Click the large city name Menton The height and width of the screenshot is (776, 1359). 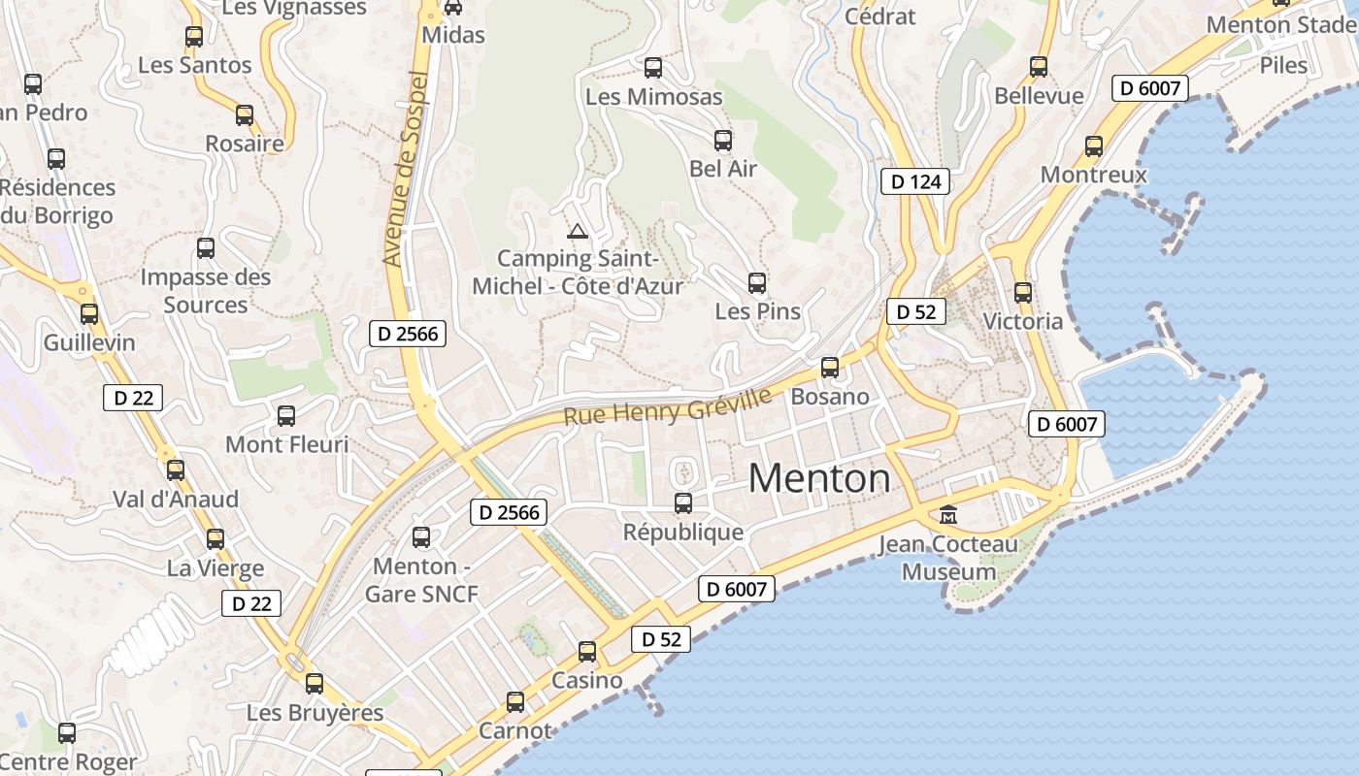coord(819,478)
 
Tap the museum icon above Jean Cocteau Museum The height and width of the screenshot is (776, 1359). coord(948,514)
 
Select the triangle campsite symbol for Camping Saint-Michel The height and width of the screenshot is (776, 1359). coord(578,231)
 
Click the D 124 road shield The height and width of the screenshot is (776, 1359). coord(916,181)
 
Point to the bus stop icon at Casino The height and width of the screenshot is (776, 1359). coord(587,652)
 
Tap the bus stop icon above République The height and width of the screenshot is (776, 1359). coord(683,503)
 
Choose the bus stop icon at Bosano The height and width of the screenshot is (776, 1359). coord(829,368)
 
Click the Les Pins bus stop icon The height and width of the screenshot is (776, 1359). coord(757,283)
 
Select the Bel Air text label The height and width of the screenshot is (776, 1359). coord(723,169)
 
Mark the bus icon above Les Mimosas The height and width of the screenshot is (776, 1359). coord(653,68)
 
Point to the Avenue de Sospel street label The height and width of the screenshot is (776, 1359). coord(406,169)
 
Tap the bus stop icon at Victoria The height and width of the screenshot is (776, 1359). coord(1022,292)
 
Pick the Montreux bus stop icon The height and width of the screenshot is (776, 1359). coord(1094,146)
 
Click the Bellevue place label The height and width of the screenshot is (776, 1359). coord(1039,96)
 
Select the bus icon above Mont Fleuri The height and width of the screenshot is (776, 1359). coord(286,416)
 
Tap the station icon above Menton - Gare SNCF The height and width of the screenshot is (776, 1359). coord(421,537)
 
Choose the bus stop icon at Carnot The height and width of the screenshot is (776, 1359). coord(515,702)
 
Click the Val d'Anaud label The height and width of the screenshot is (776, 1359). coord(176,500)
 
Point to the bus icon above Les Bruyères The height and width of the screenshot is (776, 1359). coord(315,684)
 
